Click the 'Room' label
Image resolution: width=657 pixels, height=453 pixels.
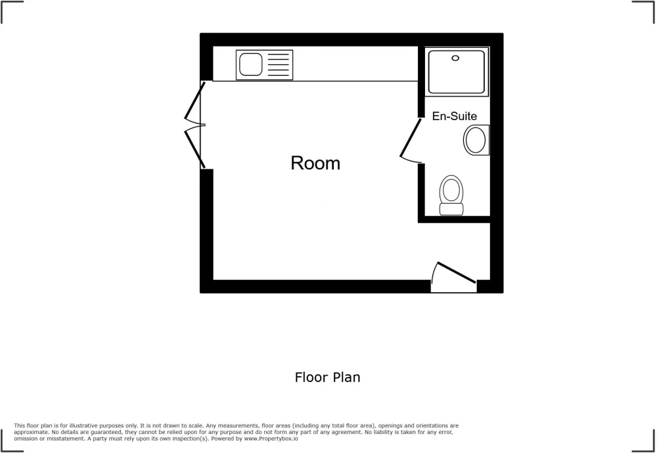tap(315, 163)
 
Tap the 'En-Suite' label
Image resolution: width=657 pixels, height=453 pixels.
tap(455, 116)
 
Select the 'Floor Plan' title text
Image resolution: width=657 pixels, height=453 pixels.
tap(327, 377)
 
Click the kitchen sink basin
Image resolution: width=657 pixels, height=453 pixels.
tap(250, 64)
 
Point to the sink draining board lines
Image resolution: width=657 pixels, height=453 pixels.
tap(278, 64)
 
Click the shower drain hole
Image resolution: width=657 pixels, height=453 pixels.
tap(455, 58)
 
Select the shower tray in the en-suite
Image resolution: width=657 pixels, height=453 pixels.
tap(457, 72)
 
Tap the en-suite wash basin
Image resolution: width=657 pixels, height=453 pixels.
tap(476, 140)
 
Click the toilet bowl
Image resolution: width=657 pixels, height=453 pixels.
tap(451, 189)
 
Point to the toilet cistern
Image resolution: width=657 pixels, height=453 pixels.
tap(451, 209)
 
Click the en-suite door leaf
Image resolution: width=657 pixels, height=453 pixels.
tap(411, 138)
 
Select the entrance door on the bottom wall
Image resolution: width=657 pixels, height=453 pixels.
tap(457, 272)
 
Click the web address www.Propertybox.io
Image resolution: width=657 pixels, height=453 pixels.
tap(271, 439)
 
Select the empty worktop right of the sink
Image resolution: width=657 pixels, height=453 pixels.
tap(355, 64)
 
